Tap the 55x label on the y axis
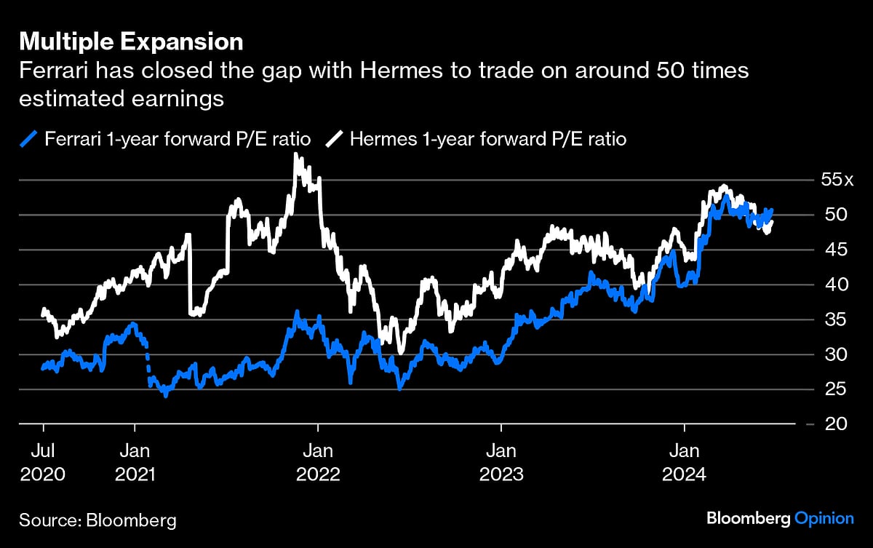tap(833, 180)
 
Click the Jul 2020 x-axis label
tap(43, 461)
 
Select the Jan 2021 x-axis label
tap(135, 461)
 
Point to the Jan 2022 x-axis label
tap(317, 461)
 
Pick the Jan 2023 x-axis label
tap(501, 461)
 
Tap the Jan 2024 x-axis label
tap(683, 461)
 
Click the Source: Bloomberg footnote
tap(97, 520)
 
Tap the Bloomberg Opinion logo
tap(780, 518)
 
